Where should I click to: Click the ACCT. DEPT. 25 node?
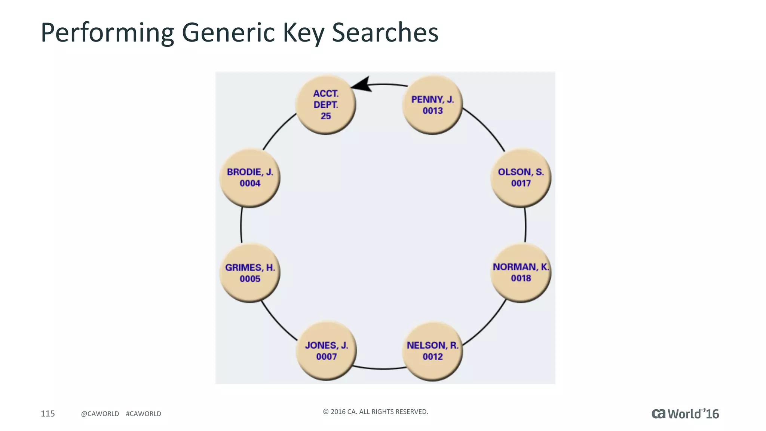coord(325,105)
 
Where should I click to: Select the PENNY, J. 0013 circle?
coord(432,105)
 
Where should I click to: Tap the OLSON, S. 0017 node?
coord(521,178)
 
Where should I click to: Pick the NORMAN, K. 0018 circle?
coord(521,272)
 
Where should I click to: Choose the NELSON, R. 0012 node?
coord(432,351)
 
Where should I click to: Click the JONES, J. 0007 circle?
coord(326,351)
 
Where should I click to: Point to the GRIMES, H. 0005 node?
coord(250,273)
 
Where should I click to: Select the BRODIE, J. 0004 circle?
coord(250,178)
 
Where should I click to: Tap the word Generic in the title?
coord(228,33)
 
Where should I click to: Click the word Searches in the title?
coord(385,33)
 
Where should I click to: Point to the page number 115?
coord(48,413)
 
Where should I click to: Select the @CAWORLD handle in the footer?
coord(100,414)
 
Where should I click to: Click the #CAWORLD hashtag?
coord(144,414)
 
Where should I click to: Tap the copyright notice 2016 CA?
coord(375,412)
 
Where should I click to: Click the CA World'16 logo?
coord(685,414)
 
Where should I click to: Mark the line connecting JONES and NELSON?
coord(380,369)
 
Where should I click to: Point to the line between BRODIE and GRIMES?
coord(241,225)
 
